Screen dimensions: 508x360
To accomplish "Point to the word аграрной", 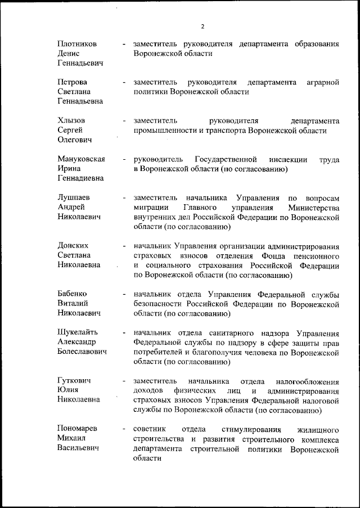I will point(323,83).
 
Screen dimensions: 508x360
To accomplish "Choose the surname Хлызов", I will point(71,121).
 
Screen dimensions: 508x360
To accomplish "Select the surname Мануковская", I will point(82,160).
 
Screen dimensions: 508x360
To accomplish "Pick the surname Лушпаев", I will point(74,198).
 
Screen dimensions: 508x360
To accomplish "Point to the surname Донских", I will point(74,246).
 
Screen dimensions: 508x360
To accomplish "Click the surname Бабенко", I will point(73,294).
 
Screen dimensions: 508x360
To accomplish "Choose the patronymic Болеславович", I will point(83,352).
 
